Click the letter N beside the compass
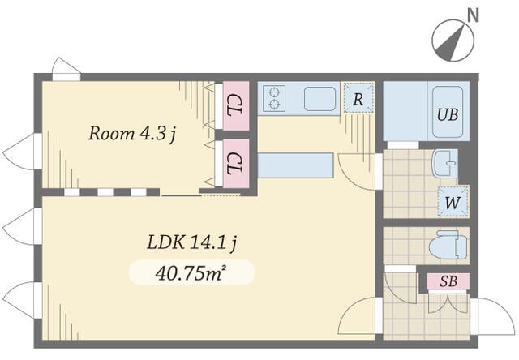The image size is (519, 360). [473, 15]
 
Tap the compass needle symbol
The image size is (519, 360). [453, 41]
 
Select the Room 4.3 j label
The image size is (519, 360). [131, 134]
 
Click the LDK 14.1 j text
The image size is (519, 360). [191, 243]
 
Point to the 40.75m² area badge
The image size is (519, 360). [191, 272]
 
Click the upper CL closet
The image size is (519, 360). [236, 105]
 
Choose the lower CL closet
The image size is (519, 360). [236, 163]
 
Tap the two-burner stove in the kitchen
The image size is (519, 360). [274, 98]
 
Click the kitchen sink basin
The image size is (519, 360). [320, 99]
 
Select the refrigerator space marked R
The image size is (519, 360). [358, 98]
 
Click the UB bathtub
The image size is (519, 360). [448, 112]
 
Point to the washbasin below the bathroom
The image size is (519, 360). [445, 163]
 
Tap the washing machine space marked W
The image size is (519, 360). [453, 202]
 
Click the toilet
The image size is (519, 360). [448, 245]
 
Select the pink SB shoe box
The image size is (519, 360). [448, 281]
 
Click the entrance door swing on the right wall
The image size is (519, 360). [494, 316]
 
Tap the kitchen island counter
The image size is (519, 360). [295, 165]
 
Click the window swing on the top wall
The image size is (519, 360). [66, 69]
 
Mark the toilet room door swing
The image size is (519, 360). [401, 286]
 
